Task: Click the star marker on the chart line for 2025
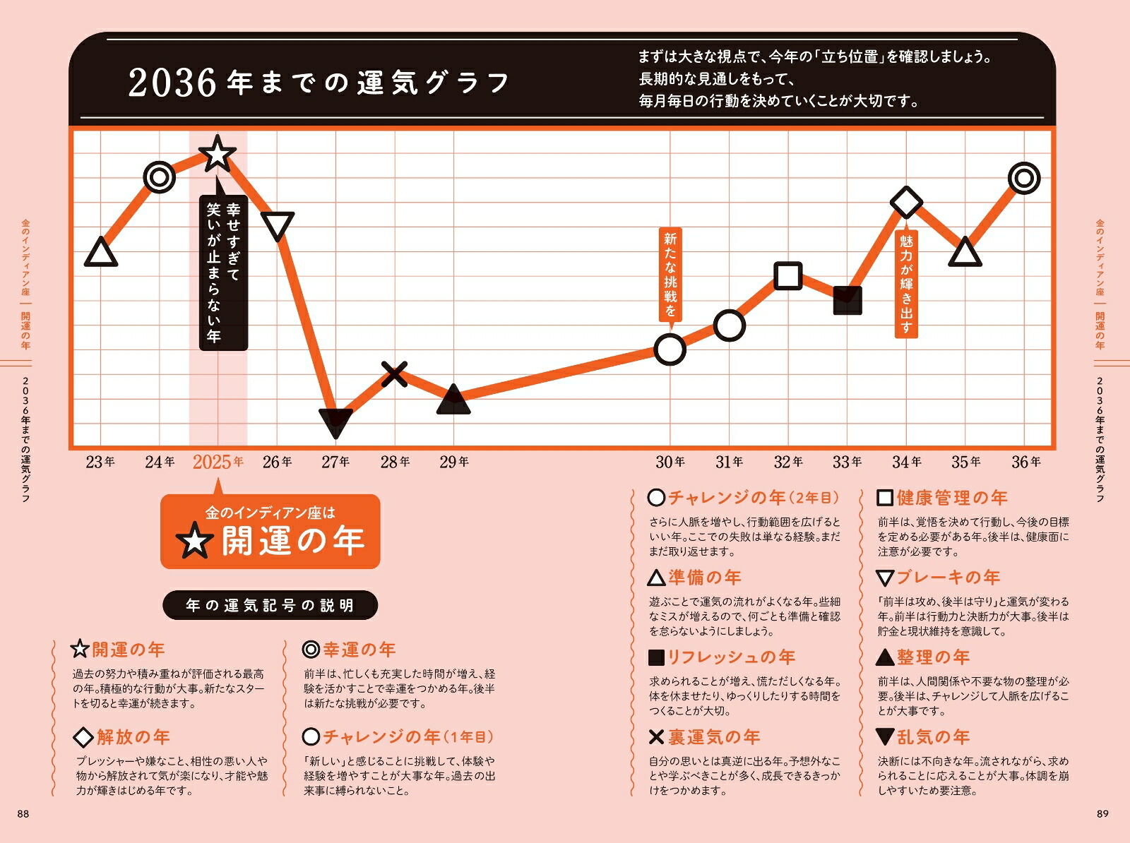coord(218,154)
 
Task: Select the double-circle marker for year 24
coord(160,177)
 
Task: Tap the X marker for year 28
coord(394,373)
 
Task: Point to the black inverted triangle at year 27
coord(335,422)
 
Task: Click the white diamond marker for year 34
coord(907,203)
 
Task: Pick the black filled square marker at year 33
coord(847,300)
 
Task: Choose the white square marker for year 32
coord(788,275)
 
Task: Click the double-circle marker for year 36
coord(1024,178)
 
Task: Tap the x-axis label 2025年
coord(218,462)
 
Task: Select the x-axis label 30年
coord(670,462)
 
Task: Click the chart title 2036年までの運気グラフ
coord(319,83)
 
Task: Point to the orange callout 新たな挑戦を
coord(670,275)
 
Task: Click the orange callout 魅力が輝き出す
coord(907,283)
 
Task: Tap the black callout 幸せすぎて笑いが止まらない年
coord(223,273)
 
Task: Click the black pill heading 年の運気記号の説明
coord(270,605)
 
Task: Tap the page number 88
coord(23,814)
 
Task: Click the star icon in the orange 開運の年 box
coord(194,542)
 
